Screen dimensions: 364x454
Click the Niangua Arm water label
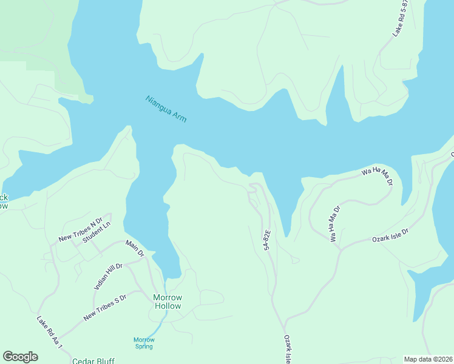166,109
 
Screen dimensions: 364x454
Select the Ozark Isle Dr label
390,236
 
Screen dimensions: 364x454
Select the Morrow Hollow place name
167,302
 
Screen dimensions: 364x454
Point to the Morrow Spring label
144,343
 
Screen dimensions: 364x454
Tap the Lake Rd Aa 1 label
50,332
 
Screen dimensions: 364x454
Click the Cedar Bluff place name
93,360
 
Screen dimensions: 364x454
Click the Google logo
20,357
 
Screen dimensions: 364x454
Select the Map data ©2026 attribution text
428,359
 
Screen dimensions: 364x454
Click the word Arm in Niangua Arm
178,116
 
